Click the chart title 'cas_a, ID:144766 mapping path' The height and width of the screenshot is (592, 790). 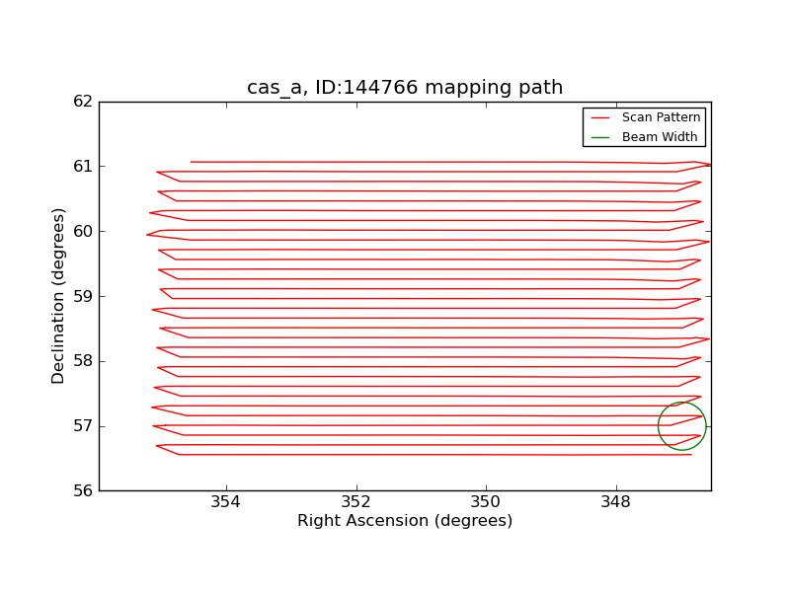tap(405, 88)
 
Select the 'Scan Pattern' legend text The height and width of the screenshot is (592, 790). tap(661, 117)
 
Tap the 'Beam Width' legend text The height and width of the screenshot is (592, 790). tap(660, 137)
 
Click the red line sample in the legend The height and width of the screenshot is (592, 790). tap(600, 117)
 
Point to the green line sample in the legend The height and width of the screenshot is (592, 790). tap(600, 137)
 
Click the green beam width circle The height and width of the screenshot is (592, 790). tap(658, 426)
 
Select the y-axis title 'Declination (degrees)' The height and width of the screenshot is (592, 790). tap(58, 296)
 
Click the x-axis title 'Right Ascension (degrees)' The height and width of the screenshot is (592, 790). tap(405, 521)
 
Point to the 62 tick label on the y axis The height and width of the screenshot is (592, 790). tap(83, 102)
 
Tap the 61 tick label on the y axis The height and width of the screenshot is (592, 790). tap(83, 166)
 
